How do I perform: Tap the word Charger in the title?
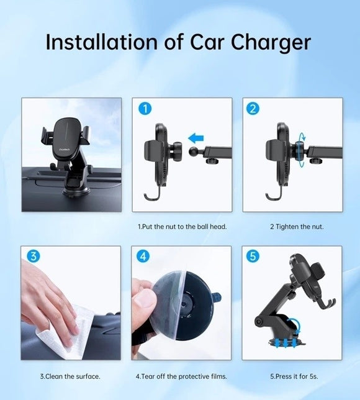pos(271,42)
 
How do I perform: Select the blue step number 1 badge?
pos(144,109)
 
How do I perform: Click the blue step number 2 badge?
pos(253,109)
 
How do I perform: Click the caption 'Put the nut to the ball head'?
pos(182,227)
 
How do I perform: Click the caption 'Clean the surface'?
pos(70,376)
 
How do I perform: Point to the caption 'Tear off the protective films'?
pos(181,376)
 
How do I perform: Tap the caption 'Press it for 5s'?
pos(292,376)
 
